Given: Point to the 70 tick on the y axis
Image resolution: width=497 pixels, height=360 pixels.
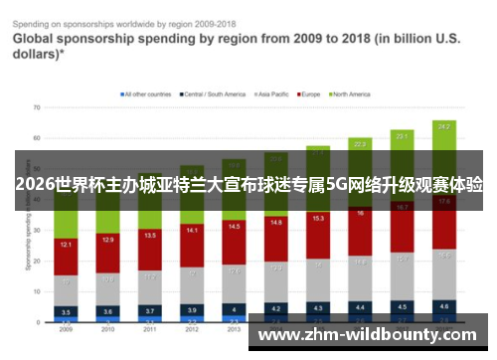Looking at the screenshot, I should click(x=36, y=106).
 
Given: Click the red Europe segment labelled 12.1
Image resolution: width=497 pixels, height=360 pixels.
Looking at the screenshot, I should click(x=66, y=245).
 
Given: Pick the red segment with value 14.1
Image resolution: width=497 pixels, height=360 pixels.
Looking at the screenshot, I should click(x=192, y=231).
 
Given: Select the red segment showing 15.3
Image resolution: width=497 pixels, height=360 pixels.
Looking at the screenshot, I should click(x=318, y=218).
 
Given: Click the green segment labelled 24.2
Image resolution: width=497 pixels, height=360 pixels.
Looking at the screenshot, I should click(x=444, y=127).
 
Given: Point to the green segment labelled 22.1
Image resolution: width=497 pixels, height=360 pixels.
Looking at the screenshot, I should click(x=402, y=134).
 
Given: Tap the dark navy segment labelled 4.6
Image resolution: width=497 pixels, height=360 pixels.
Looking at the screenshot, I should click(x=444, y=306).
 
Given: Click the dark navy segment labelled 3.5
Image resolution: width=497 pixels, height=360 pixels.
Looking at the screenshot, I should click(x=66, y=311).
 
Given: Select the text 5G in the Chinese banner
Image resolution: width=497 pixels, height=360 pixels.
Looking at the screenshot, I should click(x=337, y=185).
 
